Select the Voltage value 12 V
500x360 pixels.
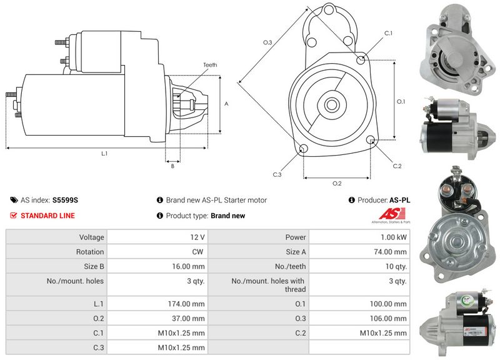(x=198, y=237)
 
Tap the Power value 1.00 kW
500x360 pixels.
(x=393, y=237)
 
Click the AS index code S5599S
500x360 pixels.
(x=66, y=201)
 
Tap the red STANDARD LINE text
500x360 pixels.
(x=47, y=216)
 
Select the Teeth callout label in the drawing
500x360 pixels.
(x=210, y=65)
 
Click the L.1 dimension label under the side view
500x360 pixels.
(x=104, y=153)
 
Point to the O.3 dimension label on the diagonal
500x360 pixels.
(x=267, y=42)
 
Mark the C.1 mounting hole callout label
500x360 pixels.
(x=387, y=32)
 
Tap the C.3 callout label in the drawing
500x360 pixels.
(x=277, y=174)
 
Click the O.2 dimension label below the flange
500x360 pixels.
(x=336, y=183)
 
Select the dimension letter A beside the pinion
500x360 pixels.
(x=226, y=104)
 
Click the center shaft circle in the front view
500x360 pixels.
(x=331, y=104)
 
